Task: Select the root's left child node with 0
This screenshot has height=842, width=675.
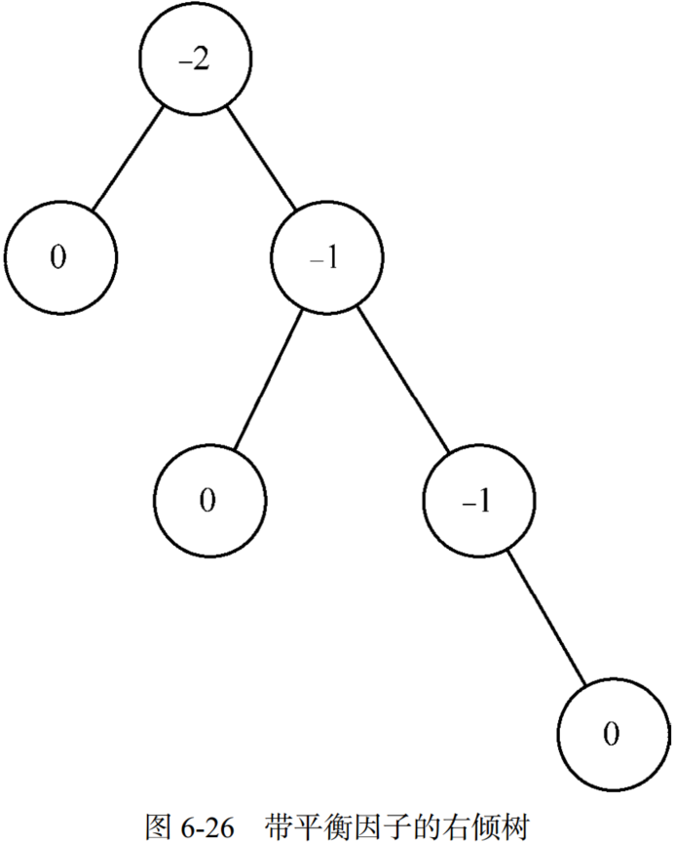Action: [x=59, y=257]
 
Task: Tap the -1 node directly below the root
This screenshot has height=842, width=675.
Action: [x=327, y=259]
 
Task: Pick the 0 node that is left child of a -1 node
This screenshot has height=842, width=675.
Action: [x=208, y=499]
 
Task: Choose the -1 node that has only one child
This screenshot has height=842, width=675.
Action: [x=478, y=500]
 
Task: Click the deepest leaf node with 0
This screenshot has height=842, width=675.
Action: [x=612, y=733]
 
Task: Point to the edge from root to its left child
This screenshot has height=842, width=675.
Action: [x=127, y=157]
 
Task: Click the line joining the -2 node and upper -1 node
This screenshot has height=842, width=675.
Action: [x=261, y=158]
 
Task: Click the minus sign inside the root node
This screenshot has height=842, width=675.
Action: [x=184, y=60]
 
